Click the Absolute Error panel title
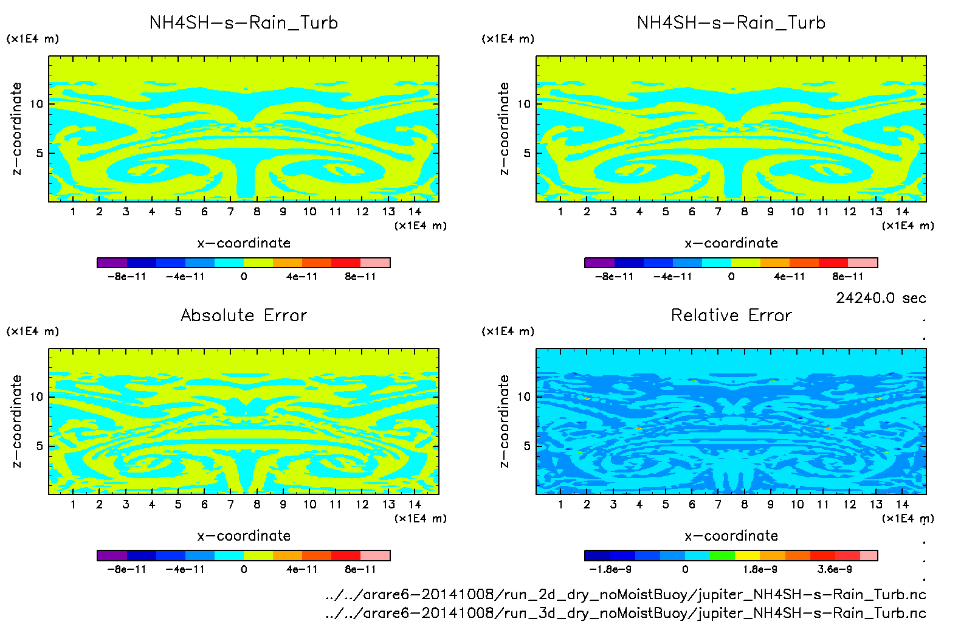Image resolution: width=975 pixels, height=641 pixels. [244, 315]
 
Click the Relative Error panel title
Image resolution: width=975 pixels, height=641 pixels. [731, 315]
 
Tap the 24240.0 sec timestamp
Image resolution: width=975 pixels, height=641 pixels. [881, 298]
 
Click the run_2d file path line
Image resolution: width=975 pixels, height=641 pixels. [625, 594]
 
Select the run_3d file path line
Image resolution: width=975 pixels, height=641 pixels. [625, 613]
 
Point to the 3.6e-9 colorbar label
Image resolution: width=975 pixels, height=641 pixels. [835, 569]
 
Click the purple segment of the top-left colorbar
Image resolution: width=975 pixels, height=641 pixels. [112, 263]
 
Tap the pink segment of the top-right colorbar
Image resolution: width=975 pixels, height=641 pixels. [863, 263]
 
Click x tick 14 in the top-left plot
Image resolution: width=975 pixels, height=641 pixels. [415, 212]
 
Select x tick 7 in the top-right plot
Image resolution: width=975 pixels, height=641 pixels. [718, 212]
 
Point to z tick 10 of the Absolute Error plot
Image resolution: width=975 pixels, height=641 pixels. [36, 397]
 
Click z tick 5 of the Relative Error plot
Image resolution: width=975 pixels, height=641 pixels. [527, 446]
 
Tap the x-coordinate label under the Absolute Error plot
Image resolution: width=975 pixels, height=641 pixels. [244, 536]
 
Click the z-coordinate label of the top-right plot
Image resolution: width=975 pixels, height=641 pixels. [504, 129]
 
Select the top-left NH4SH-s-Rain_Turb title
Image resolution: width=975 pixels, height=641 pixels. [244, 23]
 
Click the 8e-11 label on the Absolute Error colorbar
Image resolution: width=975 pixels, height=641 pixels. [360, 569]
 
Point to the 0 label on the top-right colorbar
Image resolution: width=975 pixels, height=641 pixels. [731, 276]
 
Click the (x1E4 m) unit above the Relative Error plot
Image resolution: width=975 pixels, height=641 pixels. [508, 331]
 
